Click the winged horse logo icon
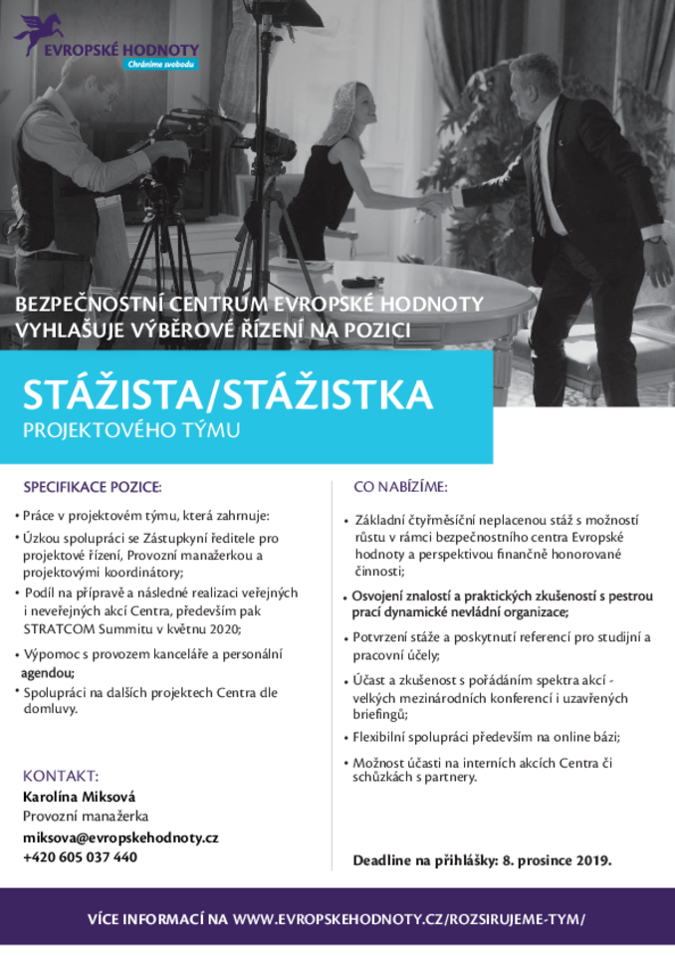(32, 35)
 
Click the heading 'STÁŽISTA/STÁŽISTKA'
(229, 394)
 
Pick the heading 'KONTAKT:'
(60, 775)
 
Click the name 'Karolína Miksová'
(80, 796)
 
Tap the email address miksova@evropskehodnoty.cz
(120, 837)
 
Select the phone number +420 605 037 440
(81, 857)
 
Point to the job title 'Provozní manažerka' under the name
(85, 817)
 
